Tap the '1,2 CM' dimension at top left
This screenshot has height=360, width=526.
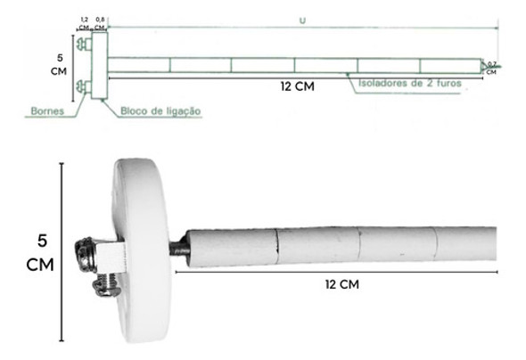[x=84, y=21]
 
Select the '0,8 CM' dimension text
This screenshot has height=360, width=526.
[x=100, y=21]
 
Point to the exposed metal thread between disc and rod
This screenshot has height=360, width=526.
[x=177, y=248]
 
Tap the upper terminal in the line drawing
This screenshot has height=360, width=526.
[x=83, y=44]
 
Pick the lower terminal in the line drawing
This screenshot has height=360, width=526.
[x=83, y=86]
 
